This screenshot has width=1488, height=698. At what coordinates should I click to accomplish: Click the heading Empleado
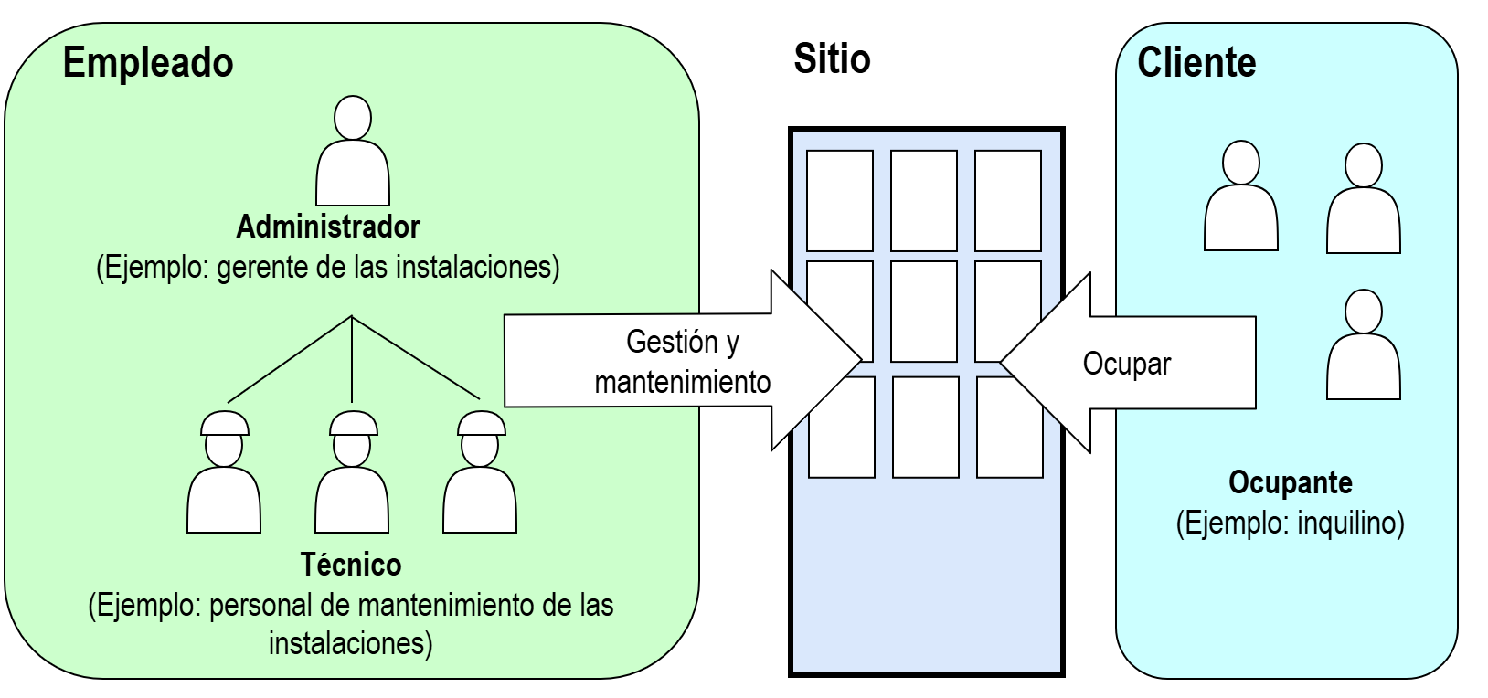(148, 63)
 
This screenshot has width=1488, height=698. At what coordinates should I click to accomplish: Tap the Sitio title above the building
(832, 59)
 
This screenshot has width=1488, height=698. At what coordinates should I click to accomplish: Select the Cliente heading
(1196, 63)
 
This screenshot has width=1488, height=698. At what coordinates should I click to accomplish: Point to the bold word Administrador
(328, 226)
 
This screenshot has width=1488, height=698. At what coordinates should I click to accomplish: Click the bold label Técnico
(351, 565)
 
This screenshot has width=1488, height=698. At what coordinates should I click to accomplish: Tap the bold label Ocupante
(1290, 482)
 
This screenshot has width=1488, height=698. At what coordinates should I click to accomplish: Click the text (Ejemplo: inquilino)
(1290, 523)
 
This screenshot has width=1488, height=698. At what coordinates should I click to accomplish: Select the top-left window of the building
(840, 200)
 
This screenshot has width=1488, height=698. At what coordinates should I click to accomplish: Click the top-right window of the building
(1008, 200)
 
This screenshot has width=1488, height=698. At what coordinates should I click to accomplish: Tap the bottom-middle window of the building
(925, 427)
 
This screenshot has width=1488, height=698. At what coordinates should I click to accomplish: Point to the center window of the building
(924, 311)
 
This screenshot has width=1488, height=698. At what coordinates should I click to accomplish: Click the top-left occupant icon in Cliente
(1240, 196)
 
